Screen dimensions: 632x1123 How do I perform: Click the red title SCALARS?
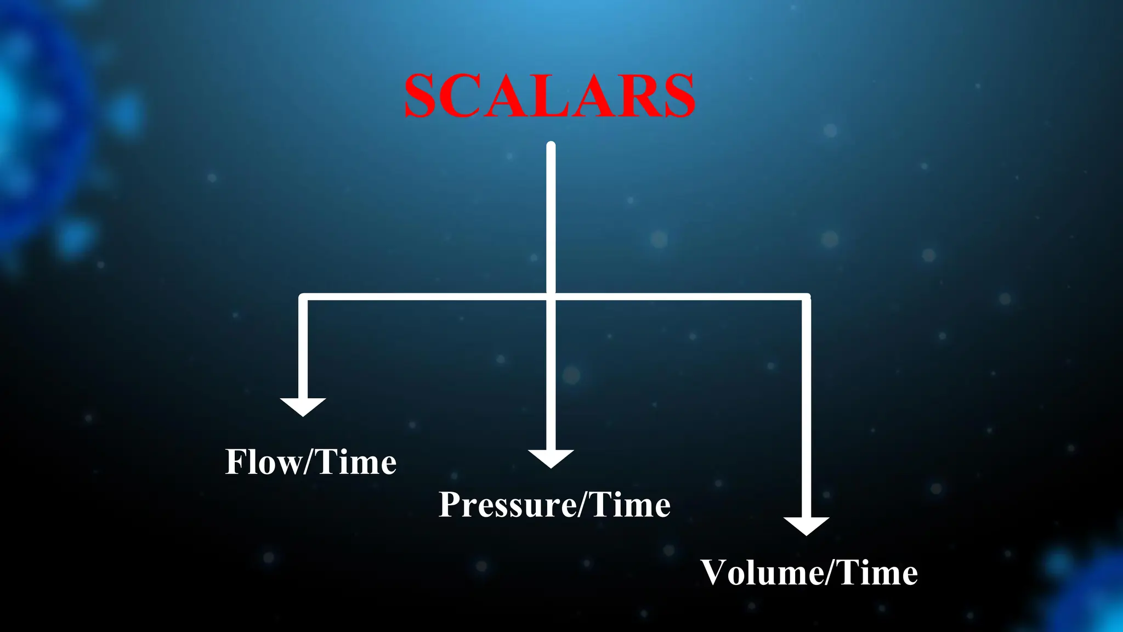tap(550, 96)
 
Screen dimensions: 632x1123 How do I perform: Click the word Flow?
tap(263, 462)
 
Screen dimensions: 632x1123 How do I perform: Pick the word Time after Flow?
tap(356, 462)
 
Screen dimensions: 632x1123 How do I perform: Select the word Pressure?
tap(508, 505)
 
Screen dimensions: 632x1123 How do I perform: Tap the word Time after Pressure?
tap(631, 505)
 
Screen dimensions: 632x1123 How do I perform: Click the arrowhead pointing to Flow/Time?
tap(303, 407)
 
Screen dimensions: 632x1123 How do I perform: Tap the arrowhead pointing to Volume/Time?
tap(806, 526)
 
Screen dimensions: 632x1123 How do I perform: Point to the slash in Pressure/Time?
tap(584, 505)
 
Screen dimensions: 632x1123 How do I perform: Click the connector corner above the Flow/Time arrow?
tap(303, 297)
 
